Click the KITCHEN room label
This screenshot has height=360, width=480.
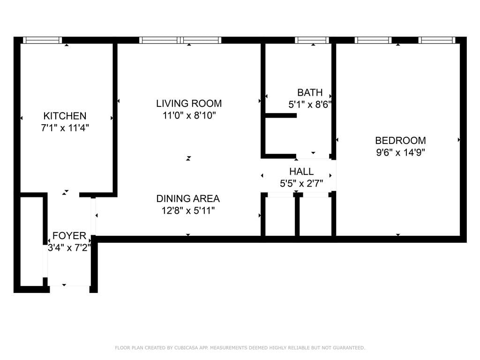point(65,116)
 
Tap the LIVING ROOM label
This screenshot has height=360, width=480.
point(189,104)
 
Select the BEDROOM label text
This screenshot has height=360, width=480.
point(400,140)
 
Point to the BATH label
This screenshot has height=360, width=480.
point(310,92)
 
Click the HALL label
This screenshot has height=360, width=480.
point(301,172)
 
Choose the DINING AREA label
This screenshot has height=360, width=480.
point(188,199)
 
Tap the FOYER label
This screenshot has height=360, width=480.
point(69,236)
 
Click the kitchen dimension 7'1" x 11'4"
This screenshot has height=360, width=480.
point(65,127)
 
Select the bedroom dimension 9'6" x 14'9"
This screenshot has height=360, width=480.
point(400,152)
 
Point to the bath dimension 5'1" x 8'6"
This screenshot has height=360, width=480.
point(310,104)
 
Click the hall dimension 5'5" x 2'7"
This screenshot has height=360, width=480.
point(301,183)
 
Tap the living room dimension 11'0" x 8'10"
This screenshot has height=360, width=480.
point(189,115)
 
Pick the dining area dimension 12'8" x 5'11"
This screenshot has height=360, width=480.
point(188,210)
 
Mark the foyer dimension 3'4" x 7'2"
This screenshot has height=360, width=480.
point(69,247)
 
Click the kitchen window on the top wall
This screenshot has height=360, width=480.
point(43,40)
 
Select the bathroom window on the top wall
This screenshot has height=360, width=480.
point(313,40)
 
